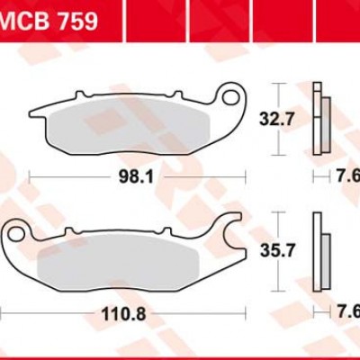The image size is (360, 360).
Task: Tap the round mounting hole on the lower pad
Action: (x=15, y=236)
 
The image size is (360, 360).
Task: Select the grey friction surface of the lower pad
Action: (x=126, y=254)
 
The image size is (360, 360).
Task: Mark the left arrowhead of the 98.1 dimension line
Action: (x=32, y=177)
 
